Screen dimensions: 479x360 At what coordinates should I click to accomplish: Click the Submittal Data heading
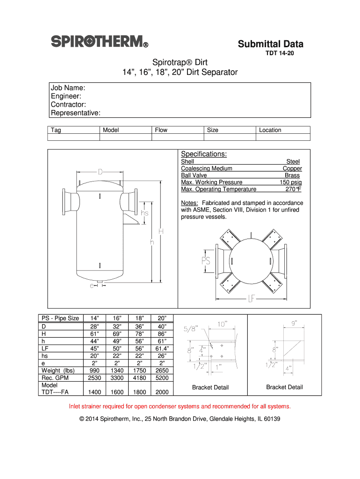(x=270, y=44)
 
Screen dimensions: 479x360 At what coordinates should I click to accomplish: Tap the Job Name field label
(x=68, y=87)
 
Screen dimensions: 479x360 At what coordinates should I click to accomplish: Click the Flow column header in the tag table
(x=161, y=130)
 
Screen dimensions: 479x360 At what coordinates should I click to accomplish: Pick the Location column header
(x=270, y=130)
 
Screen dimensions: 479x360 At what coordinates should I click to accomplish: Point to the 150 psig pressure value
(x=290, y=182)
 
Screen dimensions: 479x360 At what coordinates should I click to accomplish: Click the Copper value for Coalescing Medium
(x=292, y=168)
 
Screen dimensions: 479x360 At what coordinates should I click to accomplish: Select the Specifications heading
(x=204, y=154)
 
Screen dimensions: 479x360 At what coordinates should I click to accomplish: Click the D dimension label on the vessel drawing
(x=101, y=172)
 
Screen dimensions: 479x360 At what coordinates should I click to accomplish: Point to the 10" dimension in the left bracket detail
(x=223, y=323)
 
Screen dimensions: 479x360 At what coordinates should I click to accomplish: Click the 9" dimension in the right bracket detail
(x=294, y=322)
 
